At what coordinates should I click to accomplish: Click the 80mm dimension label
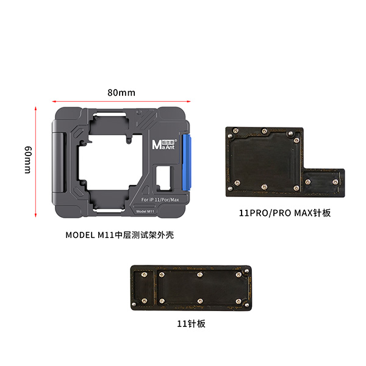[121, 93]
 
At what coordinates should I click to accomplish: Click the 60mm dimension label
[28, 160]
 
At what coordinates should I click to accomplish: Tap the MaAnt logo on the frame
[164, 144]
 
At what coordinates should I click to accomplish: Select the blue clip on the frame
[187, 162]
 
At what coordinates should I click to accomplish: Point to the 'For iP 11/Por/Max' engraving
[160, 200]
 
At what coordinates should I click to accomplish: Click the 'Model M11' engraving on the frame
[145, 211]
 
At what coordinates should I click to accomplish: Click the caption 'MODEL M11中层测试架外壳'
[120, 235]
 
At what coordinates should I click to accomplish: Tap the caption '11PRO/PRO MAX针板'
[285, 213]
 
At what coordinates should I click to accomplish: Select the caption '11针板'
[191, 324]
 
